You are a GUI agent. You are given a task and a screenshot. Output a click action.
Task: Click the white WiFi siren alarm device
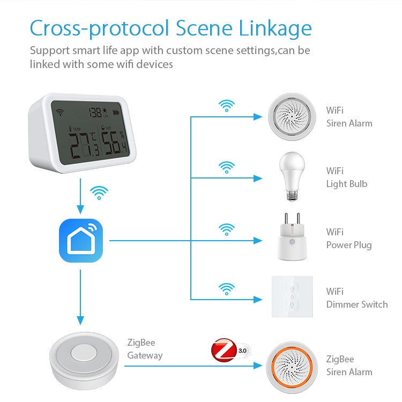point(291,116)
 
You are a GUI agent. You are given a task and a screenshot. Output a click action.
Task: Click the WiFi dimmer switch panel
point(292,297)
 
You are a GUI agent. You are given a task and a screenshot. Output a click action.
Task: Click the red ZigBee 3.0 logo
point(224,349)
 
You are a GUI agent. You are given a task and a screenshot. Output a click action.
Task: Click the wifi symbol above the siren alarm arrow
point(227,106)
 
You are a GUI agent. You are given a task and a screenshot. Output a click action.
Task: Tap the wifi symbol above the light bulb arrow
point(227,167)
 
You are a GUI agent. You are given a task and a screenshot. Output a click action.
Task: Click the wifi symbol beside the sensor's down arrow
point(99,192)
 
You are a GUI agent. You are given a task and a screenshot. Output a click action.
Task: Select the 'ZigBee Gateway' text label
point(145,348)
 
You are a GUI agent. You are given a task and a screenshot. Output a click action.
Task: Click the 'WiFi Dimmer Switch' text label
point(356,298)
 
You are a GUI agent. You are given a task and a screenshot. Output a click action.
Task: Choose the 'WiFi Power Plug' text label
point(348,239)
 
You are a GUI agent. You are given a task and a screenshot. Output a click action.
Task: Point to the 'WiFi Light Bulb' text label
point(346,177)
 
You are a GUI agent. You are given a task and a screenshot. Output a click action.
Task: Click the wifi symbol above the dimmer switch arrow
point(227,289)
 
